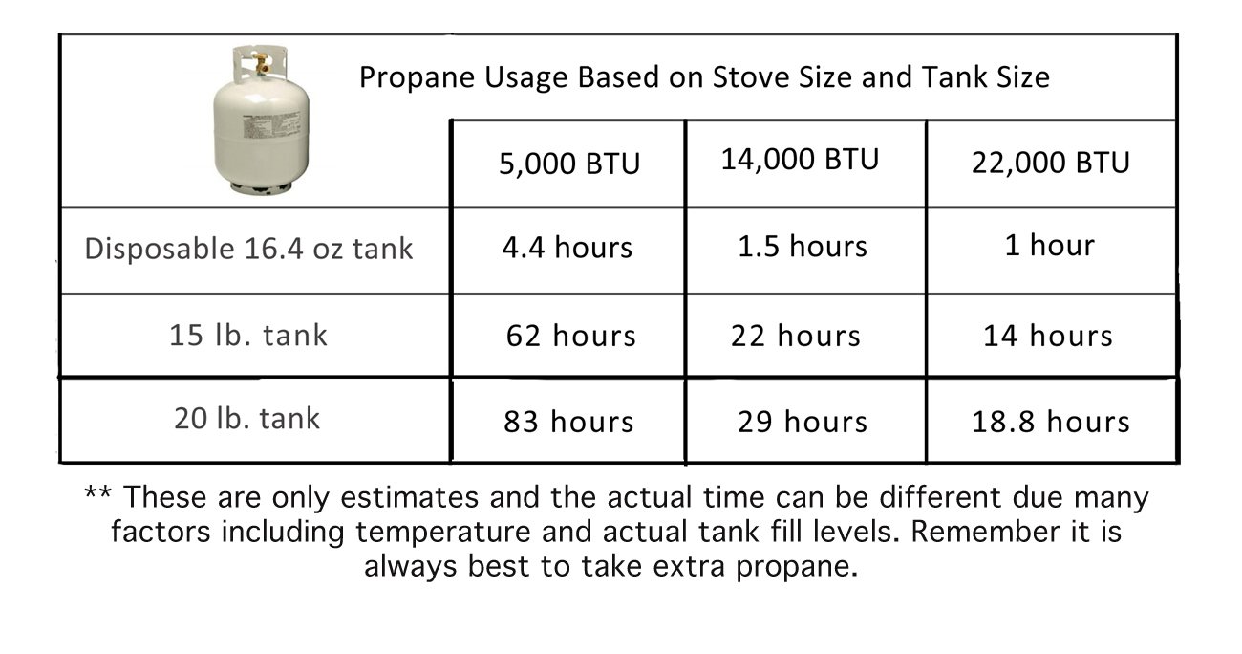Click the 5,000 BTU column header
(x=569, y=163)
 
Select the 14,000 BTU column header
(x=800, y=160)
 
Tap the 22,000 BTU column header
(x=1051, y=163)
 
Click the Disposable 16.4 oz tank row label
(x=249, y=249)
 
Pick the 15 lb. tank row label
(x=248, y=335)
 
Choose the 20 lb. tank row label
(x=247, y=418)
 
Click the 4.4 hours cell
(x=567, y=247)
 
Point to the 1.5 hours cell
(x=803, y=246)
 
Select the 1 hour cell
(x=1050, y=245)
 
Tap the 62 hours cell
(x=571, y=336)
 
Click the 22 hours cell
(x=796, y=336)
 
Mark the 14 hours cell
(x=1048, y=336)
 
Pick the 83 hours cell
(x=568, y=422)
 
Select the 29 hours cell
(x=803, y=422)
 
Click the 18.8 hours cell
(x=1051, y=422)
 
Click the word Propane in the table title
(x=417, y=77)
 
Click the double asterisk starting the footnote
(x=98, y=492)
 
